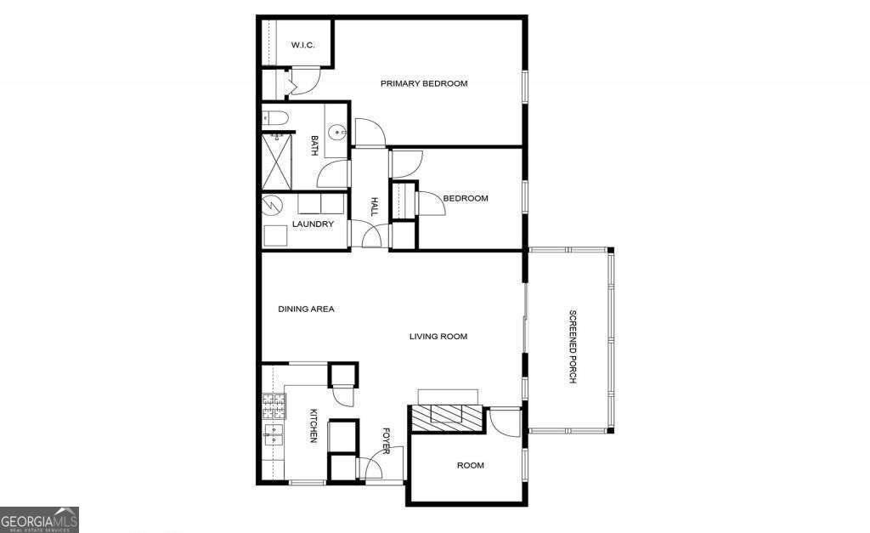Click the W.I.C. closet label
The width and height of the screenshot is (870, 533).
point(303,45)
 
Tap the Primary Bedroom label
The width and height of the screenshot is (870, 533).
point(424,83)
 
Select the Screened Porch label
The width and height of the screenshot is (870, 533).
point(572,348)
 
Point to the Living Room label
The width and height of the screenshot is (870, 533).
point(438,337)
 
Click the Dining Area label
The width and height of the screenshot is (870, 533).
point(306,309)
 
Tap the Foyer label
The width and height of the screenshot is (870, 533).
point(386,441)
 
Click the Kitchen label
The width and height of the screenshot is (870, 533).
point(313,426)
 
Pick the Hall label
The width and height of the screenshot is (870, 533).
point(373,207)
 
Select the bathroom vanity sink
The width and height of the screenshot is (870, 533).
point(338,132)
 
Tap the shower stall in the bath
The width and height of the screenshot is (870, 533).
point(277,162)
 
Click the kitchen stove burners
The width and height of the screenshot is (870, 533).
point(273,403)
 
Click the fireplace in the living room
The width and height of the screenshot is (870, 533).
point(447,416)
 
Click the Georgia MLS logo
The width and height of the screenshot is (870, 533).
point(39,519)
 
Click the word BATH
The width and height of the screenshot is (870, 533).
point(314,146)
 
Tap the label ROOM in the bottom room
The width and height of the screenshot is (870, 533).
point(470,465)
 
